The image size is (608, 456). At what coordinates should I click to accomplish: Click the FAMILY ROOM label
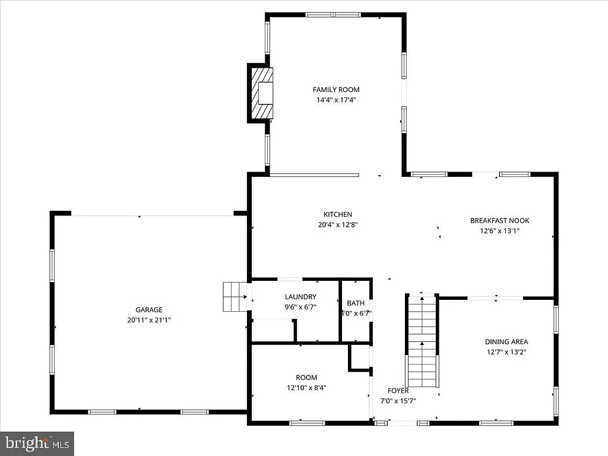point(336,90)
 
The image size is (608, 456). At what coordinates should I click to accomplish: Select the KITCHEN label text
point(337,214)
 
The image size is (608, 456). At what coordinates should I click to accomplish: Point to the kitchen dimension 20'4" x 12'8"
point(337,225)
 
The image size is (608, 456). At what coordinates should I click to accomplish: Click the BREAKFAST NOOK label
point(499,220)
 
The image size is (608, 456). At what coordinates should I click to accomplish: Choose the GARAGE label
point(149,309)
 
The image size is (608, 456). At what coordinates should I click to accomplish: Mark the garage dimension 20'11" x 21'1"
point(149,319)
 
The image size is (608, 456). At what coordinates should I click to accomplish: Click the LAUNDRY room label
point(300,297)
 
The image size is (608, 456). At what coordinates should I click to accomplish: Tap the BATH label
point(356,302)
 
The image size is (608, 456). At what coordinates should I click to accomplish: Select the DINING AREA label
point(506,341)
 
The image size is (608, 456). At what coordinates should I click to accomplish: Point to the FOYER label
point(398,391)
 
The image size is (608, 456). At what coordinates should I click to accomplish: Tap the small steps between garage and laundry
point(235,296)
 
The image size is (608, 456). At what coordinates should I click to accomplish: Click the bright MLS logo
point(37,442)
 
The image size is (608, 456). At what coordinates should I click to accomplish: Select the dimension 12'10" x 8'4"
point(306,388)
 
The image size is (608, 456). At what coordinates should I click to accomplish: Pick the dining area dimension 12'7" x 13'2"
point(506,351)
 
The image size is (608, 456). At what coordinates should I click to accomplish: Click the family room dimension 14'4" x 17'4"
point(336,100)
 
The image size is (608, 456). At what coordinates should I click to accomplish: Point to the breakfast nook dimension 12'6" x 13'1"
point(499,231)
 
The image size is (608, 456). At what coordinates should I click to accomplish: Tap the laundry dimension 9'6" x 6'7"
point(300,307)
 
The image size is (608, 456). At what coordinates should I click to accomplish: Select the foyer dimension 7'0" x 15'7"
point(398,401)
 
